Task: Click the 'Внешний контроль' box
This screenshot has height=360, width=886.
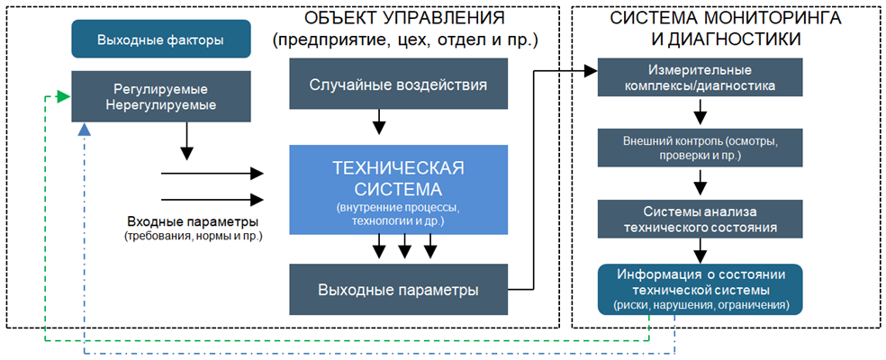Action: pos(700,148)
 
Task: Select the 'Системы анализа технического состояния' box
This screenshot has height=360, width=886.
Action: pos(700,218)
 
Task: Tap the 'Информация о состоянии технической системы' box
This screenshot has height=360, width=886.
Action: pos(700,289)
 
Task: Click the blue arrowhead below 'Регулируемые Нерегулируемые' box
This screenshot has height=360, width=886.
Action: pos(83,130)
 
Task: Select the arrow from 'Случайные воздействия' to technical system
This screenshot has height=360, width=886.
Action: pos(380,121)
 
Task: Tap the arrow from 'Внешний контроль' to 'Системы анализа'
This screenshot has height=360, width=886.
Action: pos(700,184)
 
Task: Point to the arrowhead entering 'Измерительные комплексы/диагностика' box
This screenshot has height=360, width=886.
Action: pos(592,69)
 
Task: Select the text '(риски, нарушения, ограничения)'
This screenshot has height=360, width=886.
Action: pos(700,306)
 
